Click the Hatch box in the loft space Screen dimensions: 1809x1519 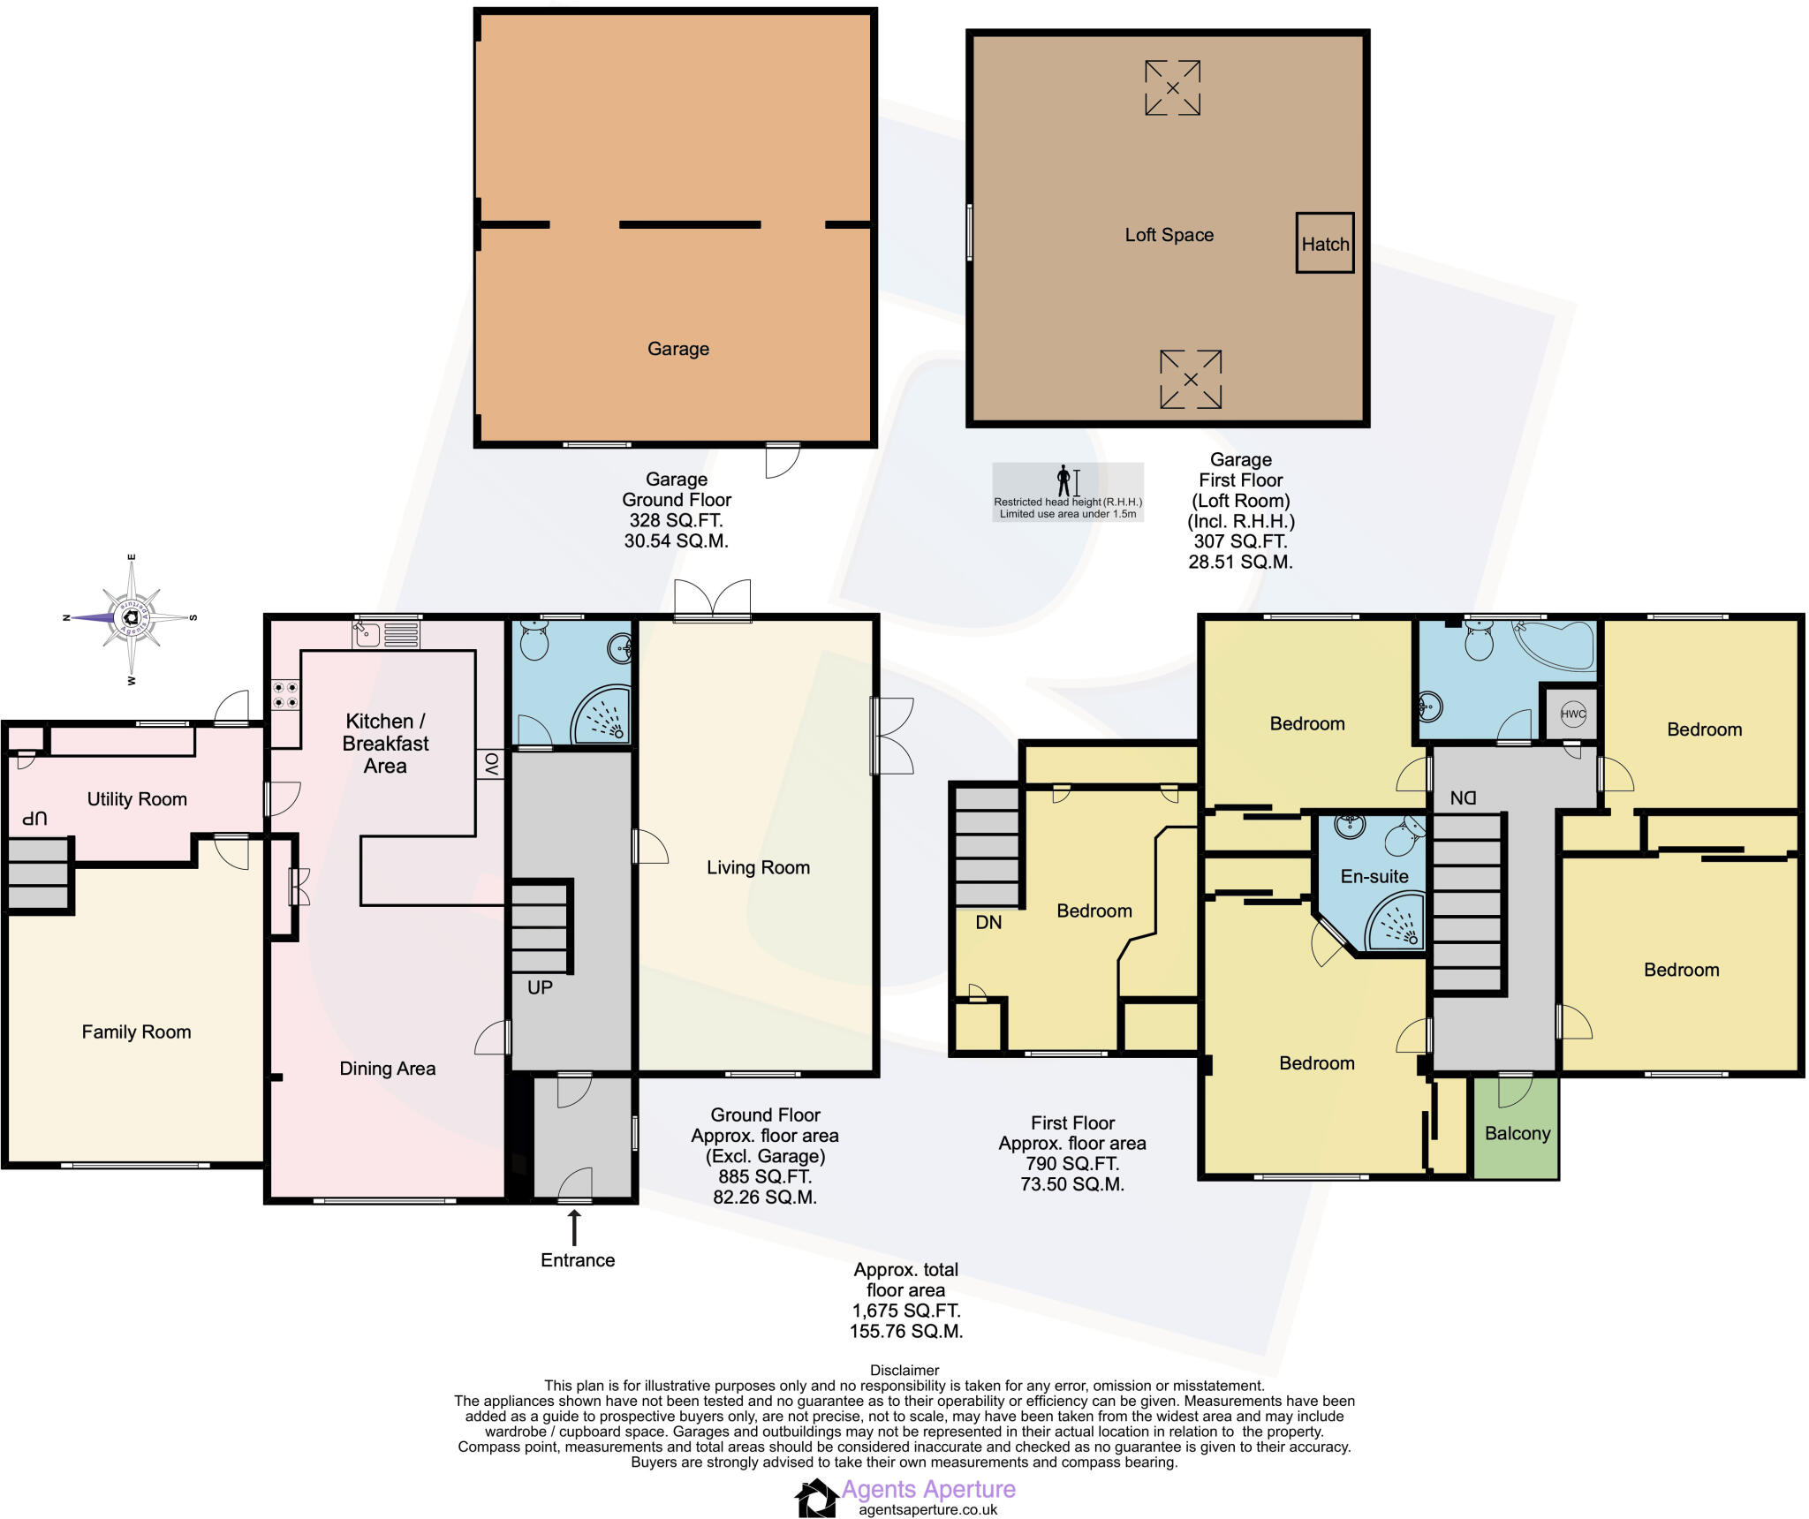click(x=1324, y=243)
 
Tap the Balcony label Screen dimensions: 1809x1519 click(x=1518, y=1133)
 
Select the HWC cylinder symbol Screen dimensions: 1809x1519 click(x=1573, y=714)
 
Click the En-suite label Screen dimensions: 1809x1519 click(x=1374, y=876)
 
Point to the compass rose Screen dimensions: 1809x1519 click(x=131, y=617)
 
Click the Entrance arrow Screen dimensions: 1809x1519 click(x=574, y=1228)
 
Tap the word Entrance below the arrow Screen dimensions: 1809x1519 click(x=578, y=1260)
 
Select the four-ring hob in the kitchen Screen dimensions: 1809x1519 click(x=284, y=694)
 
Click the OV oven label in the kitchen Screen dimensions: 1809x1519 click(x=491, y=765)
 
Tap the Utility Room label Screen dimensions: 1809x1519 click(x=137, y=799)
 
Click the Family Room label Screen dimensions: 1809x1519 click(x=136, y=1032)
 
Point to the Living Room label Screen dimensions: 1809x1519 click(x=758, y=867)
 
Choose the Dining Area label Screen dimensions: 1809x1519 click(x=388, y=1069)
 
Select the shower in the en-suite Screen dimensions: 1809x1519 click(x=1396, y=921)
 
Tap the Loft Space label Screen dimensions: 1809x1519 click(x=1169, y=235)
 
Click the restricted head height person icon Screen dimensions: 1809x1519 click(x=1063, y=481)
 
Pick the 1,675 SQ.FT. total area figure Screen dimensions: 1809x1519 click(x=906, y=1311)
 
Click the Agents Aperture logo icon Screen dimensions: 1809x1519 click(x=815, y=1498)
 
